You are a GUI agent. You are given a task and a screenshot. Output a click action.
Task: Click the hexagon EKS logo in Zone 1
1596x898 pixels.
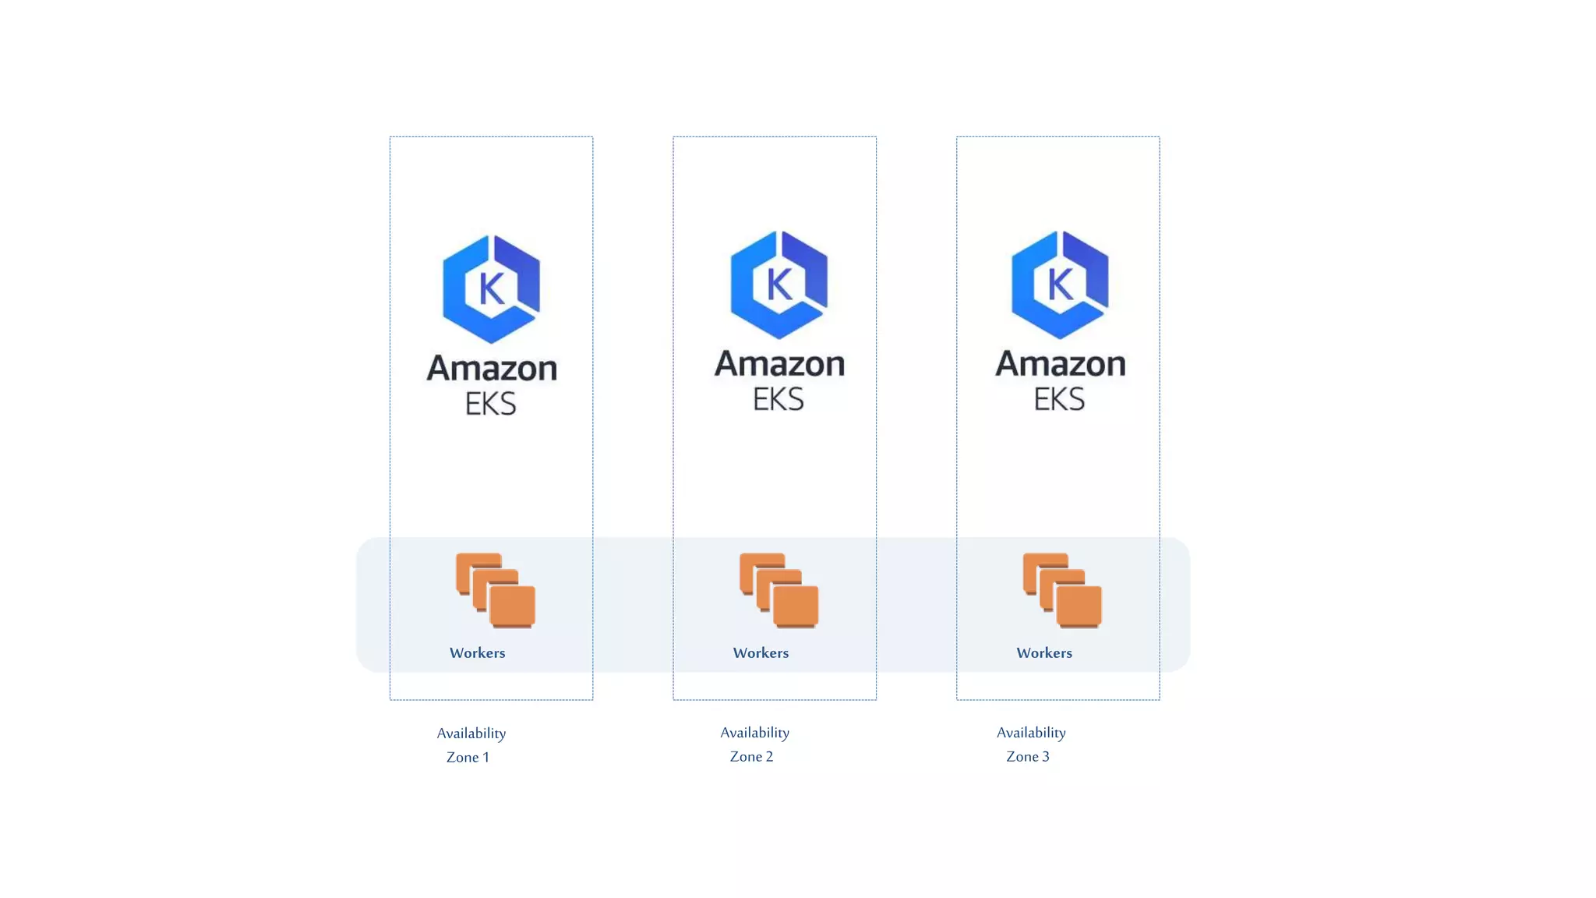pyautogui.click(x=491, y=289)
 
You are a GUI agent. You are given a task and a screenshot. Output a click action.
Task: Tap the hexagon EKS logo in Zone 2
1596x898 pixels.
pyautogui.click(x=779, y=285)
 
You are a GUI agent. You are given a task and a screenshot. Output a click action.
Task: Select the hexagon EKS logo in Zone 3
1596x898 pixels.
pyautogui.click(x=1060, y=285)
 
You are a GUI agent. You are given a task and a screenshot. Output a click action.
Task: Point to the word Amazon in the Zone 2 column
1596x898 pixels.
pyautogui.click(x=779, y=364)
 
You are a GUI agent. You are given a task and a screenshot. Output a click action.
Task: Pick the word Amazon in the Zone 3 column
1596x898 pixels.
pyautogui.click(x=1061, y=364)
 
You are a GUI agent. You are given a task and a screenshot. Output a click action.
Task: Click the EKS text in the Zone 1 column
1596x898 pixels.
pyautogui.click(x=491, y=404)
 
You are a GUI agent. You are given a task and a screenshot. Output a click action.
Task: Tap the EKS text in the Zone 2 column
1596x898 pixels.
pyautogui.click(x=779, y=399)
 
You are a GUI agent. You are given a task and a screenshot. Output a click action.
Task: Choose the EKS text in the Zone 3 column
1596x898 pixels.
pyautogui.click(x=1060, y=399)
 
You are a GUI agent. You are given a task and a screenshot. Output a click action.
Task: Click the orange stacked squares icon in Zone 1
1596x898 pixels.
pyautogui.click(x=496, y=590)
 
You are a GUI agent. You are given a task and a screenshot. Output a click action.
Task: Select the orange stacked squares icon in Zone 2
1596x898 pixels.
pyautogui.click(x=779, y=590)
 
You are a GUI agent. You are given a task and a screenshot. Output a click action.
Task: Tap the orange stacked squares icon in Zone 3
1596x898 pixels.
pyautogui.click(x=1062, y=590)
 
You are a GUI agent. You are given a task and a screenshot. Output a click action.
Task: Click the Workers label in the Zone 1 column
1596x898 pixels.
pyautogui.click(x=478, y=653)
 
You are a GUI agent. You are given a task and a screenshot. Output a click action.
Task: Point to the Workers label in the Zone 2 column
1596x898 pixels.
pyautogui.click(x=761, y=653)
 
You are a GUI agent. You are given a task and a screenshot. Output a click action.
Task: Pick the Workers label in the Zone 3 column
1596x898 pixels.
pyautogui.click(x=1044, y=653)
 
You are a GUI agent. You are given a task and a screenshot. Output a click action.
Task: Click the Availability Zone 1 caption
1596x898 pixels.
pyautogui.click(x=471, y=745)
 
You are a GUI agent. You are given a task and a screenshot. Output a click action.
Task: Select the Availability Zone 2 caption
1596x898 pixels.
pyautogui.click(x=754, y=744)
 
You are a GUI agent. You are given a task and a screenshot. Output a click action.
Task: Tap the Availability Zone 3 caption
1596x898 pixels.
pyautogui.click(x=1031, y=744)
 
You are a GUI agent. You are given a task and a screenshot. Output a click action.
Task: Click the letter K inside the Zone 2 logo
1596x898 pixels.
pyautogui.click(x=779, y=285)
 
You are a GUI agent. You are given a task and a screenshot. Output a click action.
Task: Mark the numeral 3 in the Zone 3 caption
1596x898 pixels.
pyautogui.click(x=1046, y=757)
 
